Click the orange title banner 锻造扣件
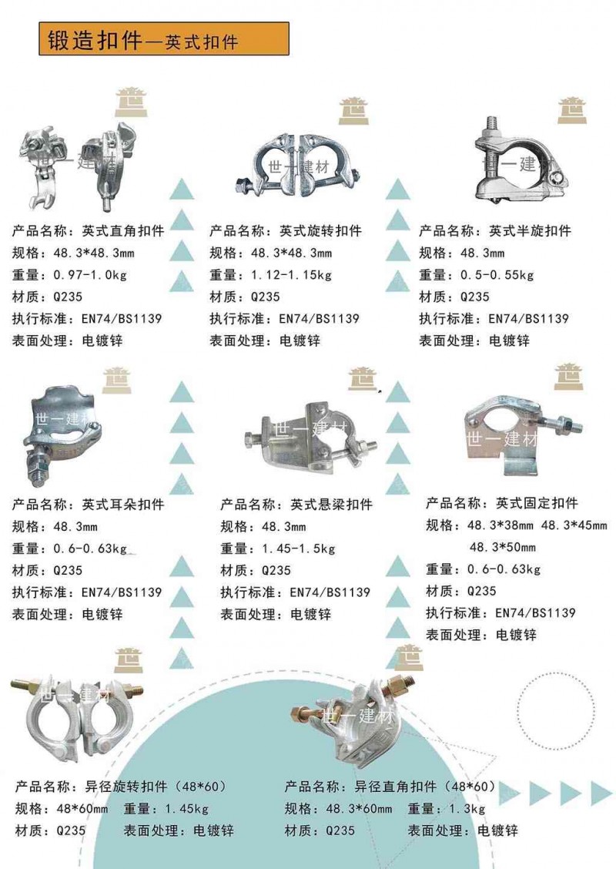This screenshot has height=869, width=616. [163, 39]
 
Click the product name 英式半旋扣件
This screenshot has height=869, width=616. [530, 230]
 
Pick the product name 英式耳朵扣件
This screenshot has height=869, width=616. [123, 505]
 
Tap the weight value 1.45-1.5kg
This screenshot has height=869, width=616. [298, 549]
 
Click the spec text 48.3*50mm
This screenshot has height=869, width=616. [502, 547]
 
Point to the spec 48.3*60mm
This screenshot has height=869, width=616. [359, 809]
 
